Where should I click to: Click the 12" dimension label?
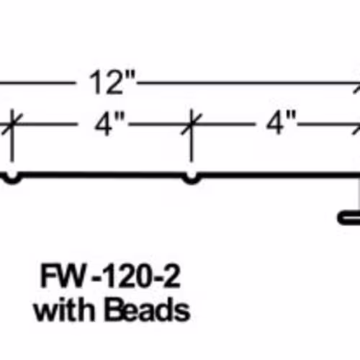pos(112,82)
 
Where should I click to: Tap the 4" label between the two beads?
pos(110,125)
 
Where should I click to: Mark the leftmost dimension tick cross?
pos(12,125)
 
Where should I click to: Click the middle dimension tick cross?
pos(192,125)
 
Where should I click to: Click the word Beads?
pos(147,310)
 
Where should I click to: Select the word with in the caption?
pos(65,310)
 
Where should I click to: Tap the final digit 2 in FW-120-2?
pos(171,276)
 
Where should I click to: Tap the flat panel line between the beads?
pos(102,174)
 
